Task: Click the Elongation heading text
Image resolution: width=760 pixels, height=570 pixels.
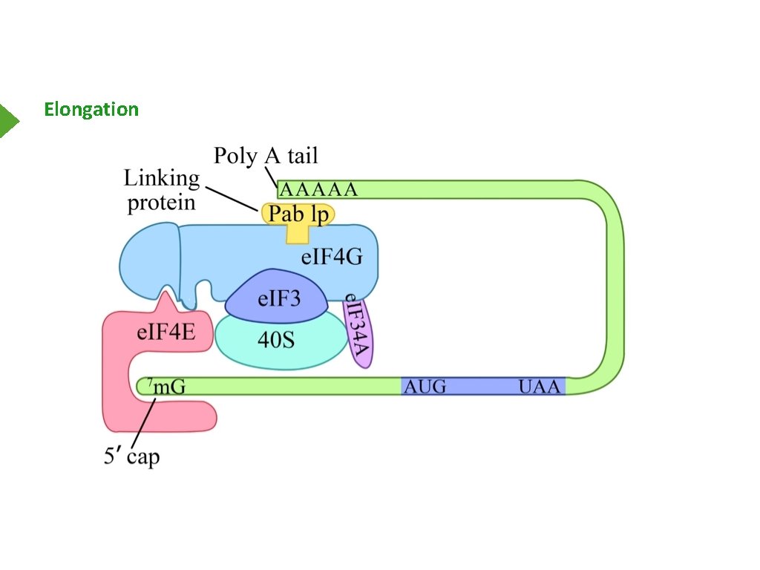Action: pyautogui.click(x=91, y=110)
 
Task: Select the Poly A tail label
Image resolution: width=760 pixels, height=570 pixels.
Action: pyautogui.click(x=265, y=156)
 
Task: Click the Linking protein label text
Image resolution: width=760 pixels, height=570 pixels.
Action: pyautogui.click(x=162, y=190)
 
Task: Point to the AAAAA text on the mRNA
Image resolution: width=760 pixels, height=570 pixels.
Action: pyautogui.click(x=318, y=189)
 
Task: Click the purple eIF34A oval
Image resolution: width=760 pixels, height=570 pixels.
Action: pyautogui.click(x=360, y=330)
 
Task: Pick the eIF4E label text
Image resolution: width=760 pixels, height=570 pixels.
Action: pyautogui.click(x=166, y=332)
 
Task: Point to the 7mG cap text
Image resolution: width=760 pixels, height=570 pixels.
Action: pyautogui.click(x=165, y=386)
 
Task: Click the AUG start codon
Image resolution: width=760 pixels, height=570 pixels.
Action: pyautogui.click(x=425, y=387)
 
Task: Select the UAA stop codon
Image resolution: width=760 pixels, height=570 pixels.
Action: pyautogui.click(x=540, y=387)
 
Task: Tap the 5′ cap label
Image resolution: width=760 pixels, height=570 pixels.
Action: pyautogui.click(x=131, y=456)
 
